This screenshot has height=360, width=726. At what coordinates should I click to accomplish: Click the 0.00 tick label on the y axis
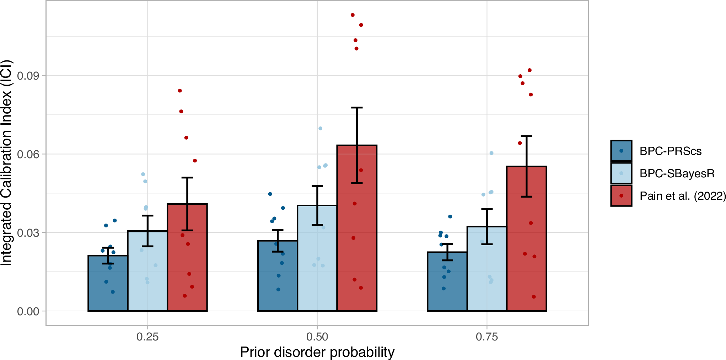click(28, 312)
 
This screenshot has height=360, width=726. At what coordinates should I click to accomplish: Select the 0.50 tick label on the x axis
click(317, 337)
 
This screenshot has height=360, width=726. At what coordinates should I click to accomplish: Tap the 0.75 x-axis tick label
click(487, 337)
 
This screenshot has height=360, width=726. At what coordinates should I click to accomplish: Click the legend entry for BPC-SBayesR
click(677, 173)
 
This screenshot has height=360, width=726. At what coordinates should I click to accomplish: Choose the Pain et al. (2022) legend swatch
click(621, 196)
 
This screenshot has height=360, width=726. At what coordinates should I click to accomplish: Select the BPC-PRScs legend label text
click(671, 151)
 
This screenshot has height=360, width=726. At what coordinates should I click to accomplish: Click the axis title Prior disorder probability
click(317, 352)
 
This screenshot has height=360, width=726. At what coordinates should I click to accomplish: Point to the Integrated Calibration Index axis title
click(6, 162)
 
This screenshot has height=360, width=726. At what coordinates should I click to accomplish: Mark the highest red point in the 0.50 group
click(353, 15)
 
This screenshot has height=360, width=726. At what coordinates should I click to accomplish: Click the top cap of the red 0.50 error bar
click(357, 107)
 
